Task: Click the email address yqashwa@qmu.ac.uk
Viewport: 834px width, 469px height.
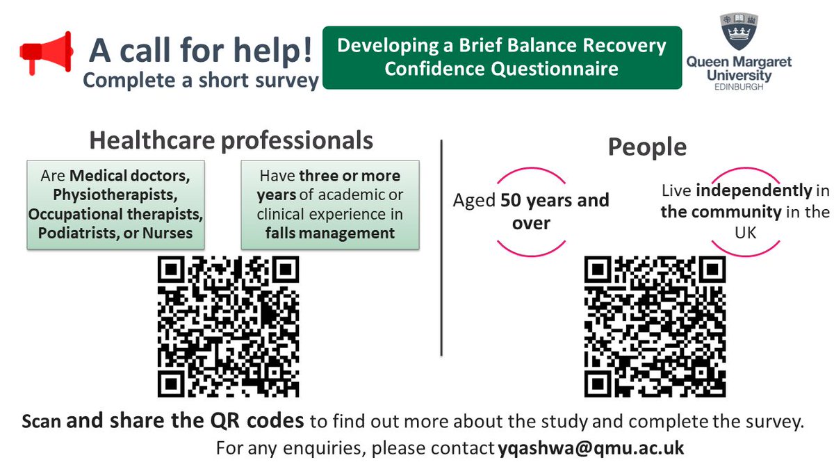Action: point(591,448)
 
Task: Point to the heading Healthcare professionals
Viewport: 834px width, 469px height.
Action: point(231,140)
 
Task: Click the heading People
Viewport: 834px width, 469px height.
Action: point(647,147)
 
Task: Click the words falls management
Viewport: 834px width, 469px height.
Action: point(329,233)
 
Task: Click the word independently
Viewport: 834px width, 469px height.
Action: point(753,190)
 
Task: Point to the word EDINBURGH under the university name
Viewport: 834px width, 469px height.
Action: point(739,88)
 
